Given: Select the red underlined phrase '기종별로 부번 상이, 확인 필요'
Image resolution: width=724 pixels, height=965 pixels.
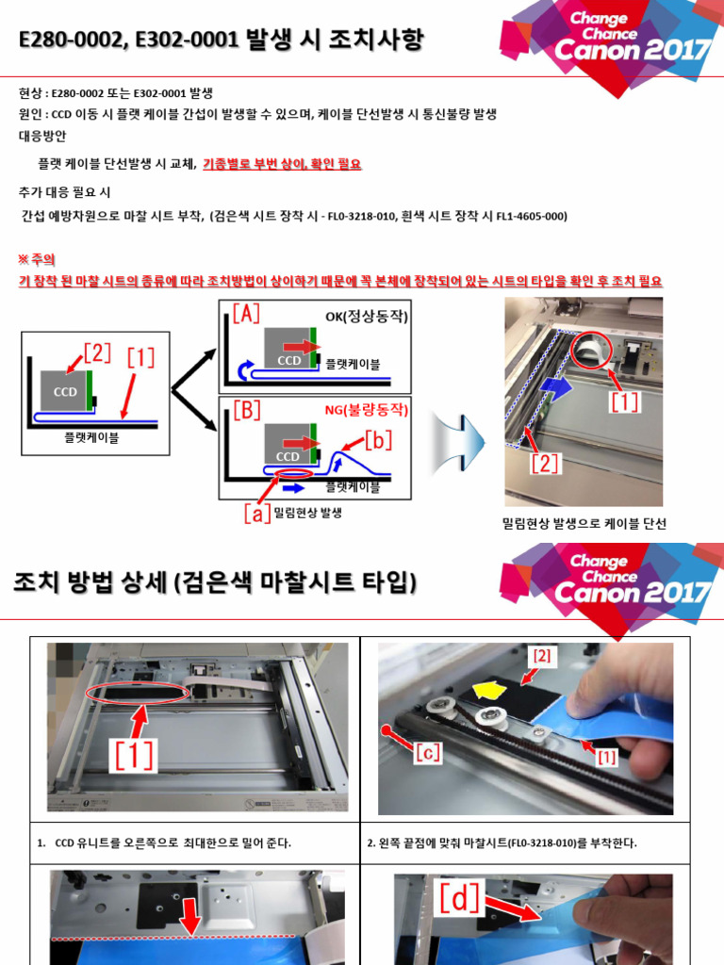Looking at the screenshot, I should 282,164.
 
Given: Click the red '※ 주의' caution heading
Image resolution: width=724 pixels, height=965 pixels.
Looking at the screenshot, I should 38,258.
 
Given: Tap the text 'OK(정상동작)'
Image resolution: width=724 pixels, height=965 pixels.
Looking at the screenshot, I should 367,317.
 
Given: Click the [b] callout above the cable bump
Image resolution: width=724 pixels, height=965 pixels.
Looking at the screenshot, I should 376,439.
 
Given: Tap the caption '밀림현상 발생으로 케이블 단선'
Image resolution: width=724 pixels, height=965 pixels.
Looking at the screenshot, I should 584,524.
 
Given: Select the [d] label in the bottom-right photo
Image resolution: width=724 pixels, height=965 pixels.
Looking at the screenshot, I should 460,900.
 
